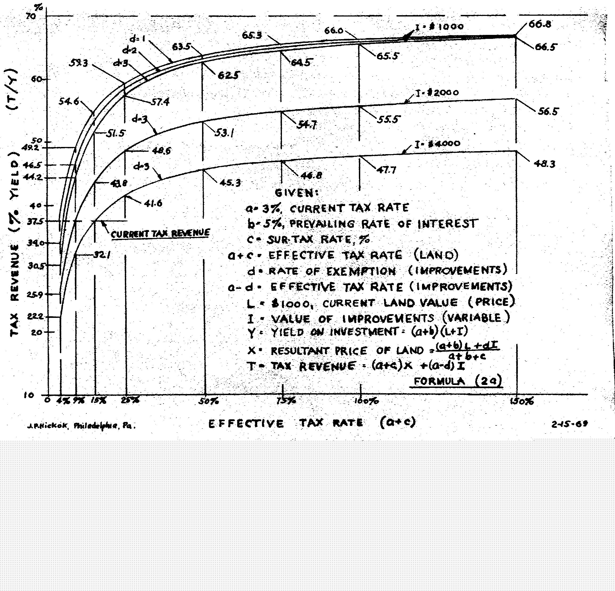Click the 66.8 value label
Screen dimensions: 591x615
(x=540, y=24)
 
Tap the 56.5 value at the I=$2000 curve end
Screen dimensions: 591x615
(x=548, y=112)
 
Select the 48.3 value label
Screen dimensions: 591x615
(x=545, y=164)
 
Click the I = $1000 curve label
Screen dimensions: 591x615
(x=439, y=27)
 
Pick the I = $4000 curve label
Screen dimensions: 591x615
(x=437, y=144)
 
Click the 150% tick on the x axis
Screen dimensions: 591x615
(x=521, y=401)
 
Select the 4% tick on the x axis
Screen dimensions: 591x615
(x=64, y=401)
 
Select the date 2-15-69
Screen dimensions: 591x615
(x=569, y=424)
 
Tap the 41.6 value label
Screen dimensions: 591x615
(x=153, y=204)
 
